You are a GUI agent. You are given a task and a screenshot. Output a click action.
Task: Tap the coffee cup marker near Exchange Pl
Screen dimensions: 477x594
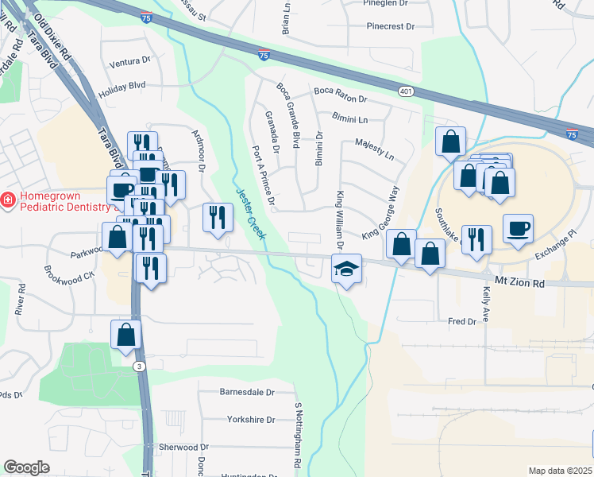click(x=518, y=229)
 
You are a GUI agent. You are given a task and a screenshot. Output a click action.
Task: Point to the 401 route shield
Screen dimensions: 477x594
click(x=406, y=92)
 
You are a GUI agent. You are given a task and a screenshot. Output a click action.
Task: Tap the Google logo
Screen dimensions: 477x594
click(x=26, y=467)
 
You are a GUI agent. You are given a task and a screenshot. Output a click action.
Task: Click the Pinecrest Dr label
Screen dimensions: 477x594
click(x=391, y=26)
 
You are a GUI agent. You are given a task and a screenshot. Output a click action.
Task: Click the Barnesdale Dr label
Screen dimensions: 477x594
click(x=247, y=393)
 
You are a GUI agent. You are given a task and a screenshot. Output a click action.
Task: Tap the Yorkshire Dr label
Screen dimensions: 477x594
click(x=250, y=420)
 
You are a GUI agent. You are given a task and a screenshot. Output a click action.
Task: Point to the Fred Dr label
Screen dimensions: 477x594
click(x=461, y=321)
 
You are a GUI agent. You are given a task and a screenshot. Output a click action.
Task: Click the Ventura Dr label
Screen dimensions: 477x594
click(x=129, y=61)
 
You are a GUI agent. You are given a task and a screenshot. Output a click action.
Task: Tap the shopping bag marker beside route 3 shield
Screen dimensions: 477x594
click(x=125, y=335)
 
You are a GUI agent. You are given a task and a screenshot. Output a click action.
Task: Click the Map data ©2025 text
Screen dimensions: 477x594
click(x=560, y=471)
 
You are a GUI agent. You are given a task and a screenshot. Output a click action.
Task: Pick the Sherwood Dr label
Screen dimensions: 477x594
click(x=183, y=448)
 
